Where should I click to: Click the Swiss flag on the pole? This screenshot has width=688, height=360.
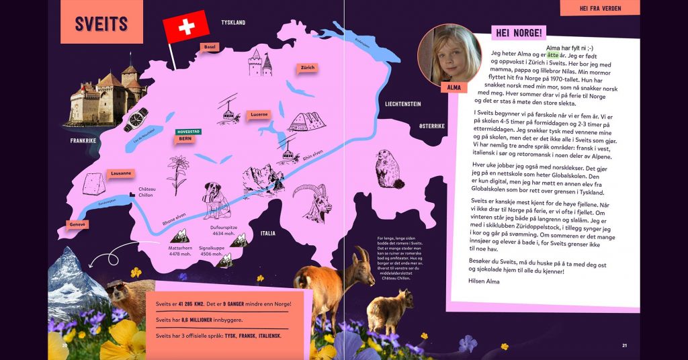coord(186,28)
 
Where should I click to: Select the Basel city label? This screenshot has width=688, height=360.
coord(210,47)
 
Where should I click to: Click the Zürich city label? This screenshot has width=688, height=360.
coord(308,68)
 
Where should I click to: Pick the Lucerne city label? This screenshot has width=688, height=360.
coord(259,115)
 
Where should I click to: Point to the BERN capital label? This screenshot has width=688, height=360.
coord(185,138)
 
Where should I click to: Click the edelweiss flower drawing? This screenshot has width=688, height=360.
coord(177,171)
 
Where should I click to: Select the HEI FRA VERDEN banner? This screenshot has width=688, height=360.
coord(599,9)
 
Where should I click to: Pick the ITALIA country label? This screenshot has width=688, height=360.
coord(267,234)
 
